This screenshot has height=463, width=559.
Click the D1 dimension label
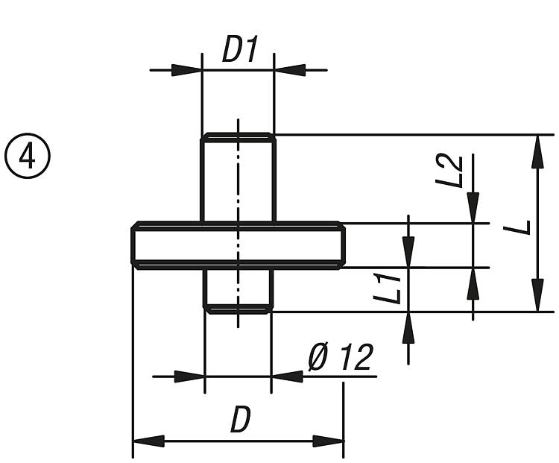click(x=239, y=51)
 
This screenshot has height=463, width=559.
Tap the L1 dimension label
click(x=389, y=287)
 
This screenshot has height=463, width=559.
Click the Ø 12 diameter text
click(x=340, y=359)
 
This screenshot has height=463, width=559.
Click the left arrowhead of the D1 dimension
click(x=187, y=70)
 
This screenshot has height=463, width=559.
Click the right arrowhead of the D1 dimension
click(x=290, y=70)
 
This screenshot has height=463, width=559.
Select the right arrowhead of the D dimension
click(x=328, y=441)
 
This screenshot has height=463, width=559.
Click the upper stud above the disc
click(x=238, y=179)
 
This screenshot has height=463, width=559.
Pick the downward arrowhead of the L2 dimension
click(x=473, y=208)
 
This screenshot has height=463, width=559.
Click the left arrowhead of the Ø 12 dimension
click(x=190, y=376)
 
